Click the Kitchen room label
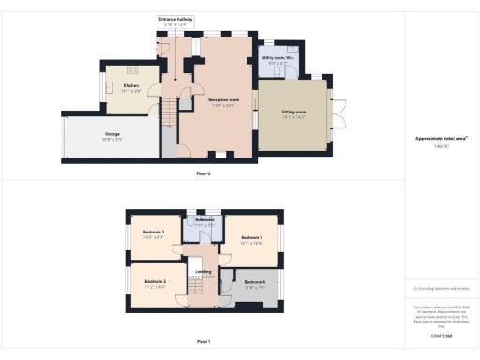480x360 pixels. coord(130,86)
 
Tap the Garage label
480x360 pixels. coord(112,134)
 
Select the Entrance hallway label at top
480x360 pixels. coord(175,19)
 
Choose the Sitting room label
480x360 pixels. coord(293,112)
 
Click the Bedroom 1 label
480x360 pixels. coord(250,238)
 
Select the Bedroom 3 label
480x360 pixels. coord(154,232)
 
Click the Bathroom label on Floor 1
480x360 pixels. coord(205,220)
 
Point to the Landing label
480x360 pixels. coord(203,274)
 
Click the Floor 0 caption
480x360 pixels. coord(203,174)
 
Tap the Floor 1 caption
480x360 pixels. coord(203,341)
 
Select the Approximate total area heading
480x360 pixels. coord(441,139)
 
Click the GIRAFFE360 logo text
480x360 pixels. coord(441,335)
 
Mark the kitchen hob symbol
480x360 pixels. coord(134,68)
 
